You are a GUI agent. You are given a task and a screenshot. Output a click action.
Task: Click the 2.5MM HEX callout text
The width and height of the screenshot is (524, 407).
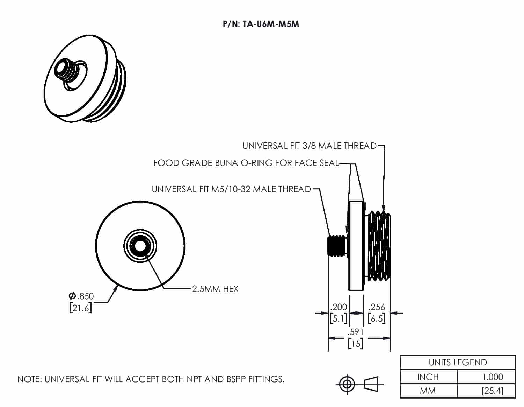pyautogui.click(x=215, y=289)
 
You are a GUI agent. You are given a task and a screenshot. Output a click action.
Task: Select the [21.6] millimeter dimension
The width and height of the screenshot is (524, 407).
pyautogui.click(x=80, y=308)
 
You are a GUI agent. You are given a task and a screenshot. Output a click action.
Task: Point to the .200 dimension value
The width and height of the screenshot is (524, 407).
pyautogui.click(x=339, y=307)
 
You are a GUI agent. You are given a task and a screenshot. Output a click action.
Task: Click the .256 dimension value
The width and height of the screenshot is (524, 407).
pyautogui.click(x=377, y=307)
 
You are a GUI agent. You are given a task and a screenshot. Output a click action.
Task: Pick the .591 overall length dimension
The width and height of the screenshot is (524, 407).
pyautogui.click(x=355, y=332)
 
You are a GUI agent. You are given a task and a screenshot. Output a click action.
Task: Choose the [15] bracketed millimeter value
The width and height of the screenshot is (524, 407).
pyautogui.click(x=355, y=343)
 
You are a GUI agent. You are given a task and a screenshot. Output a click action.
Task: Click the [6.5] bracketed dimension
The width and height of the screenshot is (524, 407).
pyautogui.click(x=377, y=318)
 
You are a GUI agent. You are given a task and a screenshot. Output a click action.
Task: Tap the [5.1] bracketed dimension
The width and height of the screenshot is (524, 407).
pyautogui.click(x=339, y=318)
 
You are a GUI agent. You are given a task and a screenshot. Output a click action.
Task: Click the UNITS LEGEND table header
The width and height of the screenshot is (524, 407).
pyautogui.click(x=458, y=362)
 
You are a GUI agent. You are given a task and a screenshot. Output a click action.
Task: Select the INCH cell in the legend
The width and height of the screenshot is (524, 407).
pyautogui.click(x=428, y=377)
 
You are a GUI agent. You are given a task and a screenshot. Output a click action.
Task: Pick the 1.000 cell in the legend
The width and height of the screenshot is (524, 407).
pyautogui.click(x=493, y=377)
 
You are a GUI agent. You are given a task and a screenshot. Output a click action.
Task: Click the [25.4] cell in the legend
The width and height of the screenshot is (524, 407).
pyautogui.click(x=493, y=391)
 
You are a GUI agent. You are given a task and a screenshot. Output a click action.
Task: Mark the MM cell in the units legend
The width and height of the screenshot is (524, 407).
pyautogui.click(x=428, y=391)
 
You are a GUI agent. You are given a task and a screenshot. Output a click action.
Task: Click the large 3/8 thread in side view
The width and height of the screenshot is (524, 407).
pyautogui.click(x=379, y=246)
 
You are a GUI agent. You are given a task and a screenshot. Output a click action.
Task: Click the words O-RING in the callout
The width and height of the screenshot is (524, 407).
pyautogui.click(x=257, y=163)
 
